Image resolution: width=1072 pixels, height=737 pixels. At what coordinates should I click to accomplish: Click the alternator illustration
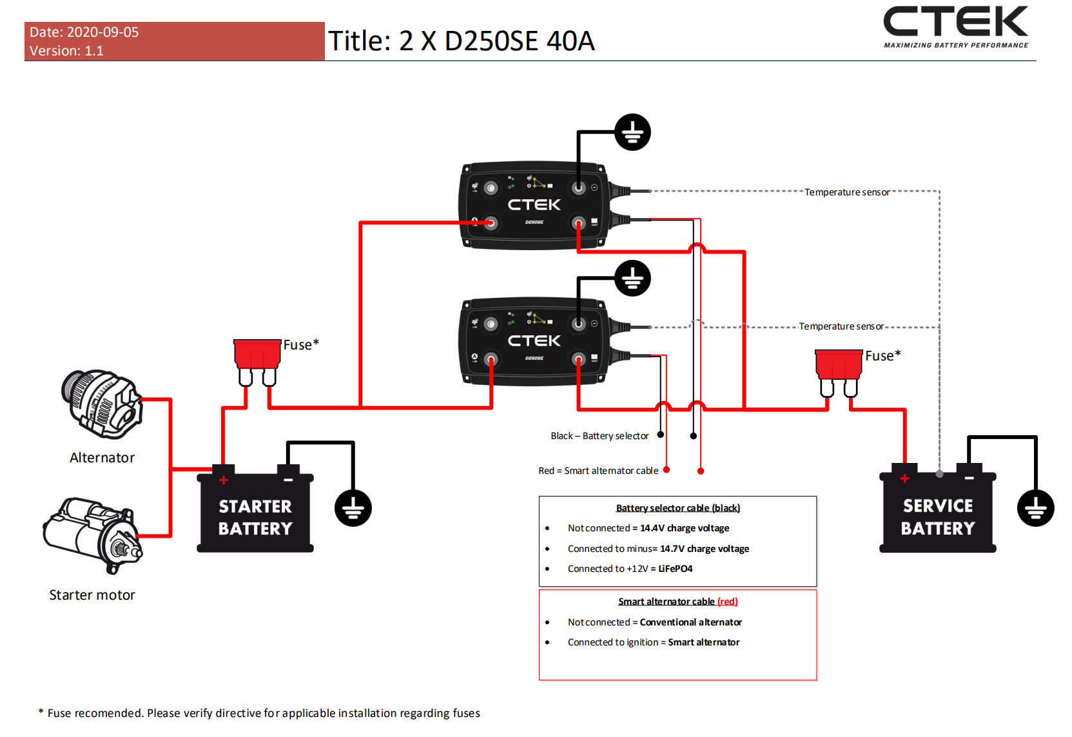102,403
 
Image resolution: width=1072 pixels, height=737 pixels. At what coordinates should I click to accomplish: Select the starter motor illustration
92,534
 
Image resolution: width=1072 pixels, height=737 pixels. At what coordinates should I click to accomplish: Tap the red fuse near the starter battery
257,355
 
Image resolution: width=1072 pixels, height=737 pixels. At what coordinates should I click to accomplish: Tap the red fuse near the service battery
839,366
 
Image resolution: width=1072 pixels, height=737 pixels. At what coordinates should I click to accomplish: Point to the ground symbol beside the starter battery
353,508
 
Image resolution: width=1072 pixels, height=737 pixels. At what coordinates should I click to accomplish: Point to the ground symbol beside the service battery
1035,508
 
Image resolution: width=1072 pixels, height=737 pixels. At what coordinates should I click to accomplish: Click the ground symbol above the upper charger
632,132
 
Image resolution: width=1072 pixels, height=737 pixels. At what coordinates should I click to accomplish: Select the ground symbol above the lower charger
632,279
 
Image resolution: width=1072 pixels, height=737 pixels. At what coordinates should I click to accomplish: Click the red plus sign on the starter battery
224,480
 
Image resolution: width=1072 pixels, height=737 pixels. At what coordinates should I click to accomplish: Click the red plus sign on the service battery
905,478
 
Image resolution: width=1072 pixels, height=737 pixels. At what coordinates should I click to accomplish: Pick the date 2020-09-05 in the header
102,32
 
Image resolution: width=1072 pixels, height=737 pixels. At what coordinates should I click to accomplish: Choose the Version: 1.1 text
66,51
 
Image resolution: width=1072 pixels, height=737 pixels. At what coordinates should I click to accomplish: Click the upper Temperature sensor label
847,192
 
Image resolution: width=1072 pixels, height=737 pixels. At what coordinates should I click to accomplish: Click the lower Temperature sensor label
841,326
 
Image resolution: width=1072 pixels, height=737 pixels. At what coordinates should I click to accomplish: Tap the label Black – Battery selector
599,436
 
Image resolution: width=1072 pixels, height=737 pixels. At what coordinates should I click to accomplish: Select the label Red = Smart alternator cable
598,471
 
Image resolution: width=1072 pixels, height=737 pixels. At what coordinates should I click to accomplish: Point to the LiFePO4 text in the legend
675,569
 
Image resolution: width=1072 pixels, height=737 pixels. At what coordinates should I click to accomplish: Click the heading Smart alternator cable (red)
677,602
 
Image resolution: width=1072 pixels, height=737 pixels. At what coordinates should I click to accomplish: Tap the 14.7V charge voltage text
705,549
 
